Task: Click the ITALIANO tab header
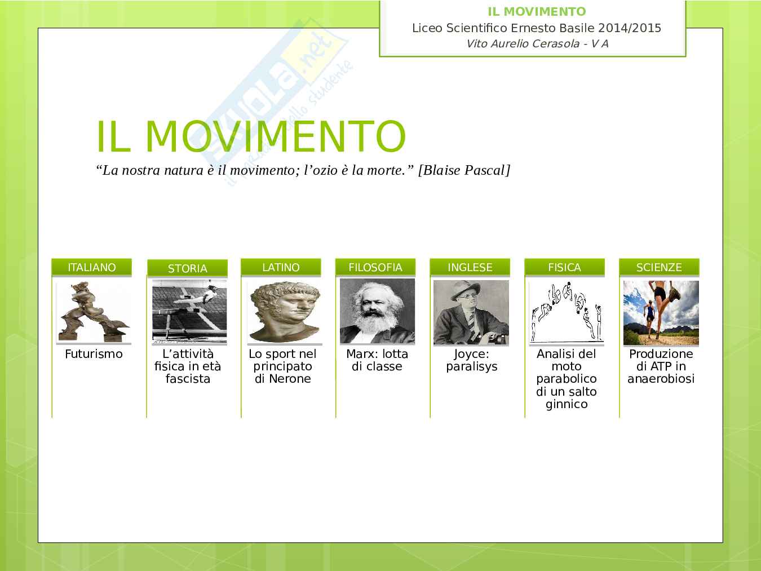pos(91,267)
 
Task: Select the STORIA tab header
pos(187,268)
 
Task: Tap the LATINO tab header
pos(281,267)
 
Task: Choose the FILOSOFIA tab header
pos(375,267)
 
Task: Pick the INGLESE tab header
pos(470,267)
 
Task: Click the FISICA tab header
pos(564,267)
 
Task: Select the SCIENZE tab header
pos(659,267)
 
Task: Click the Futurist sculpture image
pos(94,312)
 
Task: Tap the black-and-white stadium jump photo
pos(189,312)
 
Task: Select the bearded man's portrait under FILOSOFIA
pos(377,311)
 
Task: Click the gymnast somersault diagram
pos(567,312)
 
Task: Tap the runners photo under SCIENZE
pos(661,313)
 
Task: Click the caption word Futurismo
pos(94,354)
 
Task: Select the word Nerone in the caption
pos(290,379)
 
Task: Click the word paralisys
pos(472,367)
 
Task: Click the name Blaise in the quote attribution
pos(442,170)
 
